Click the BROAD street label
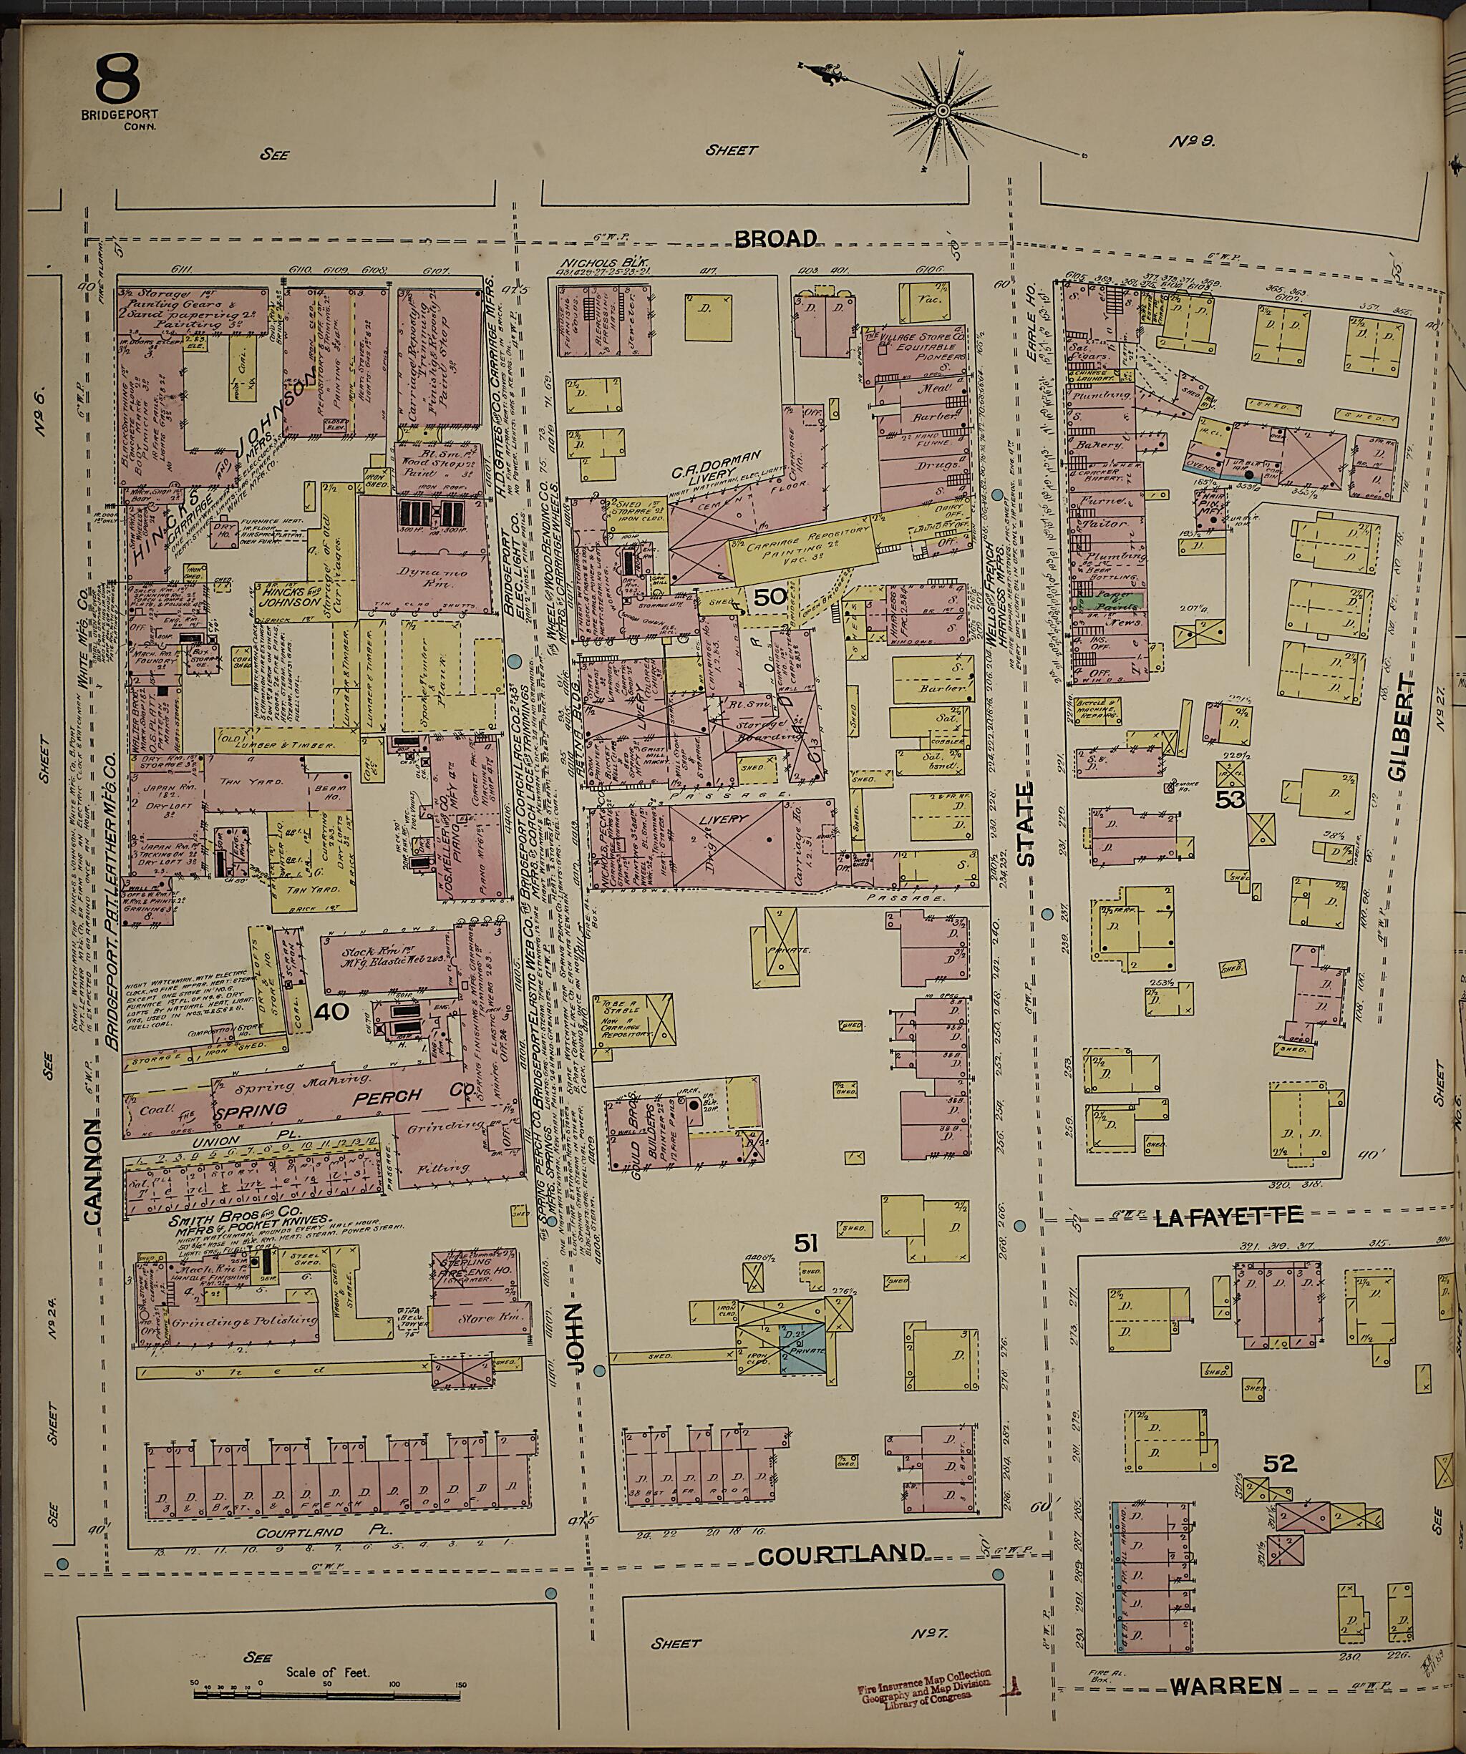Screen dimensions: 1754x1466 (x=775, y=239)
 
